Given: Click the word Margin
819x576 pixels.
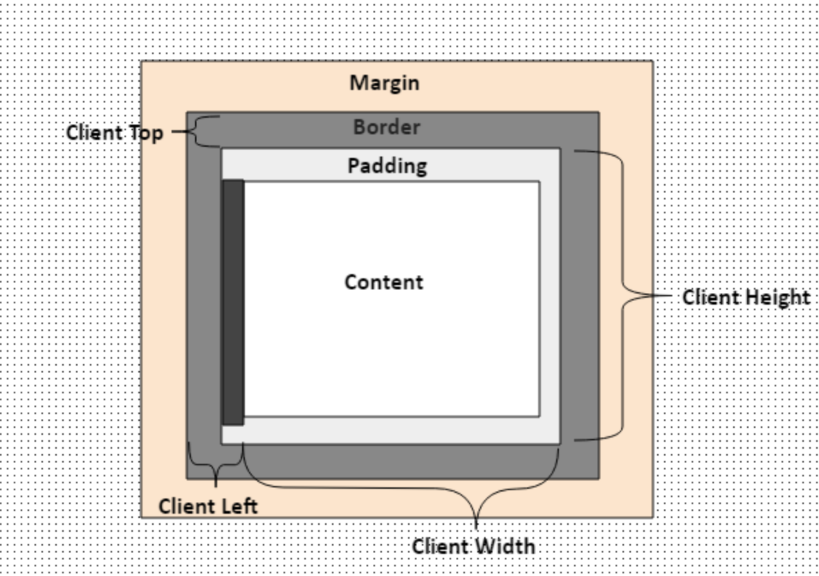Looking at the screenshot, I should click(384, 82).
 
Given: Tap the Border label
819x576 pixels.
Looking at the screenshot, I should click(386, 127).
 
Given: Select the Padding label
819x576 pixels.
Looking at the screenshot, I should click(387, 166).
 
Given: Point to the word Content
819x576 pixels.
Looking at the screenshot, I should click(384, 282).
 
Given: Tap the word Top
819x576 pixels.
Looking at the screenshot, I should click(145, 132).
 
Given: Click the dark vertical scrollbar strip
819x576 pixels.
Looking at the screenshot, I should click(233, 302).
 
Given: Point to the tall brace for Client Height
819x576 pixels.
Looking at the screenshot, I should click(623, 295).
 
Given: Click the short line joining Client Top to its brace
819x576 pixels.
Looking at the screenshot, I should click(180, 131).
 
